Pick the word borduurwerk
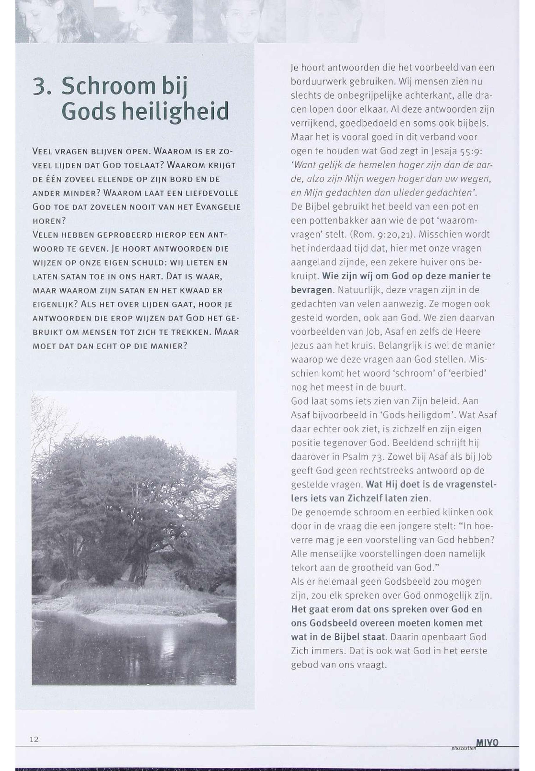(314, 82)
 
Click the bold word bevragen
(312, 290)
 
